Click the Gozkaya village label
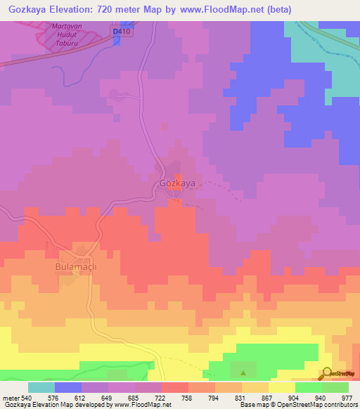pos(177,183)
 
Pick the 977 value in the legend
pos(347,397)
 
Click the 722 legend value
pos(162,397)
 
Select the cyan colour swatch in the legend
pos(41,387)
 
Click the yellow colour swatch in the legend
pos(281,387)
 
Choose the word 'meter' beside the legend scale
pos(12,397)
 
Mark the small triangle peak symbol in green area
pos(243,373)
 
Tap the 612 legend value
pos(82,397)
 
